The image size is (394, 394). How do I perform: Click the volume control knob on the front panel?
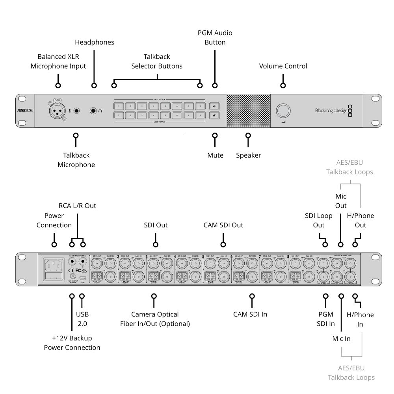(x=282, y=111)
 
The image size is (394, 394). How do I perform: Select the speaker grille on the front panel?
(x=248, y=111)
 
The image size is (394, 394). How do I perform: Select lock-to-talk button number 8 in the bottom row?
(x=200, y=115)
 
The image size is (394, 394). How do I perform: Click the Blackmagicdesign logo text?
(x=331, y=111)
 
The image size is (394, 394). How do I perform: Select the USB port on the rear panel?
(x=82, y=277)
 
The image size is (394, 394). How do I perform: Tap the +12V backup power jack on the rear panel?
(x=72, y=276)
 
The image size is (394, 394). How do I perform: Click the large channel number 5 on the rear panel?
(x=203, y=257)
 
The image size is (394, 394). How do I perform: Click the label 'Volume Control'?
(x=283, y=66)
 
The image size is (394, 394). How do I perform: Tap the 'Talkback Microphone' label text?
(x=76, y=160)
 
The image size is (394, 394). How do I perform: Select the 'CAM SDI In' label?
(x=250, y=314)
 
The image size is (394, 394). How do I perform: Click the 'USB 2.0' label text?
(x=82, y=319)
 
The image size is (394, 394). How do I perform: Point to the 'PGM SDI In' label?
(x=326, y=319)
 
